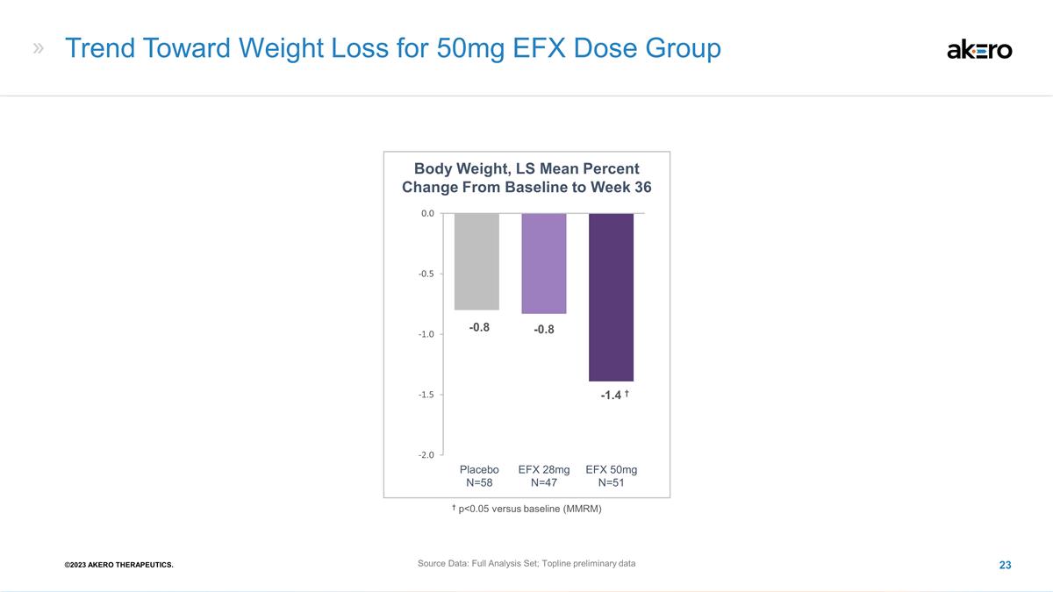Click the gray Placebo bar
pos(476,261)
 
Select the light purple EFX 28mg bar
pos(544,263)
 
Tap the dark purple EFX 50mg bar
pos(611,297)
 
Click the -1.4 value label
pos(611,396)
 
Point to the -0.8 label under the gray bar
pos(479,327)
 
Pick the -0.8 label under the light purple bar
pos(544,330)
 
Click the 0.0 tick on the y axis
pos(428,213)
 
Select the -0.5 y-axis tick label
pos(426,274)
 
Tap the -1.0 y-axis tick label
pos(426,334)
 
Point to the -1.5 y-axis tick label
pos(426,395)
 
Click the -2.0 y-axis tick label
pos(426,455)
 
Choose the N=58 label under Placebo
pos(479,482)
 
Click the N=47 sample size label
pos(544,482)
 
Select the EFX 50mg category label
pos(611,469)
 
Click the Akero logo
pos(979,50)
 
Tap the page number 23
pos(1005,565)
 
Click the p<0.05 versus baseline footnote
pos(527,509)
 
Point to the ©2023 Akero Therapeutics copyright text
pos(119,565)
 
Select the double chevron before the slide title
pos(39,48)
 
